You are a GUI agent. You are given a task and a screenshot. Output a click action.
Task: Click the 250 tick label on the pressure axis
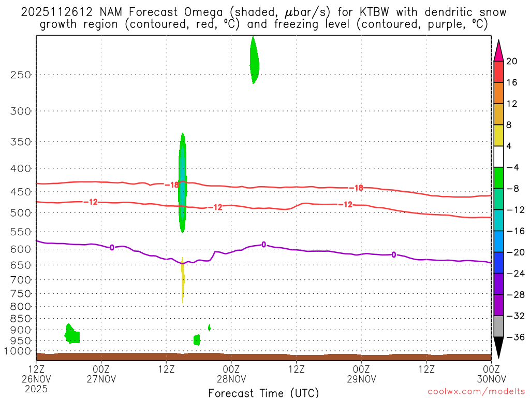(x=21, y=75)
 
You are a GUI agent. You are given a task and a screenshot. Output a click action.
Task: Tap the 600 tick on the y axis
(x=21, y=249)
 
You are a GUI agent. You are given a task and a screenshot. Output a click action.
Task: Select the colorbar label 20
(x=511, y=61)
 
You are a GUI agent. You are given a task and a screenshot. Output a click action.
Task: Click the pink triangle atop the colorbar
(x=498, y=51)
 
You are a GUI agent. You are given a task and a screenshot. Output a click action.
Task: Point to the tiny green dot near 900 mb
(x=209, y=328)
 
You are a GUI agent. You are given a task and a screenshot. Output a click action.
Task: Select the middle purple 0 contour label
(x=264, y=245)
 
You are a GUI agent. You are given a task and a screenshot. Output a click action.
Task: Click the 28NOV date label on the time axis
(x=231, y=378)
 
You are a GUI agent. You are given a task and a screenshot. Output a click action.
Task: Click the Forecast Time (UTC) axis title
(x=263, y=392)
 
